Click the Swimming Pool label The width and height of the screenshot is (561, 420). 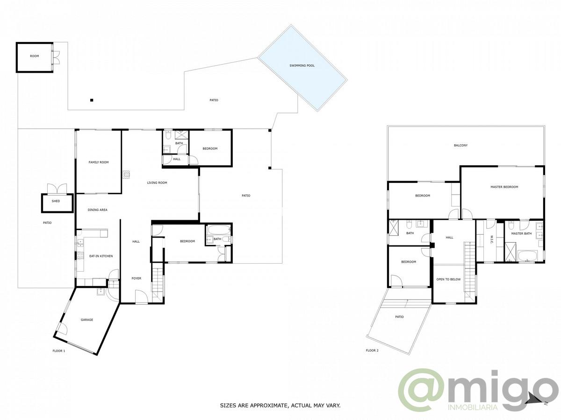(302, 65)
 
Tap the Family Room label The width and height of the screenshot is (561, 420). (98, 162)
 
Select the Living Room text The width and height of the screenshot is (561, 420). (157, 182)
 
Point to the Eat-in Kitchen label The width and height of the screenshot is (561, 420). (101, 256)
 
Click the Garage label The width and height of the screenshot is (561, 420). (87, 320)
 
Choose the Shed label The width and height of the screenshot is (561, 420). (56, 201)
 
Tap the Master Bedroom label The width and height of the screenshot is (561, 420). (504, 187)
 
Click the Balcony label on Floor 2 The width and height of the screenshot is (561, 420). (461, 145)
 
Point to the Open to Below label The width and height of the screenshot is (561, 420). (448, 279)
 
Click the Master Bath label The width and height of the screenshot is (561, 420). (521, 234)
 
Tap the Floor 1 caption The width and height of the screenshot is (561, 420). (59, 351)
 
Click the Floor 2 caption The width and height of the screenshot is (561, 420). (372, 350)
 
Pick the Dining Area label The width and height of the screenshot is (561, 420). (97, 210)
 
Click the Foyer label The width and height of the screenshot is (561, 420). (136, 278)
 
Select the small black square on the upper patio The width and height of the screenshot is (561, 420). (92, 100)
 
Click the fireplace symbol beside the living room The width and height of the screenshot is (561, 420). (126, 175)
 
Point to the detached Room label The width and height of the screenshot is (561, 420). (35, 56)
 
